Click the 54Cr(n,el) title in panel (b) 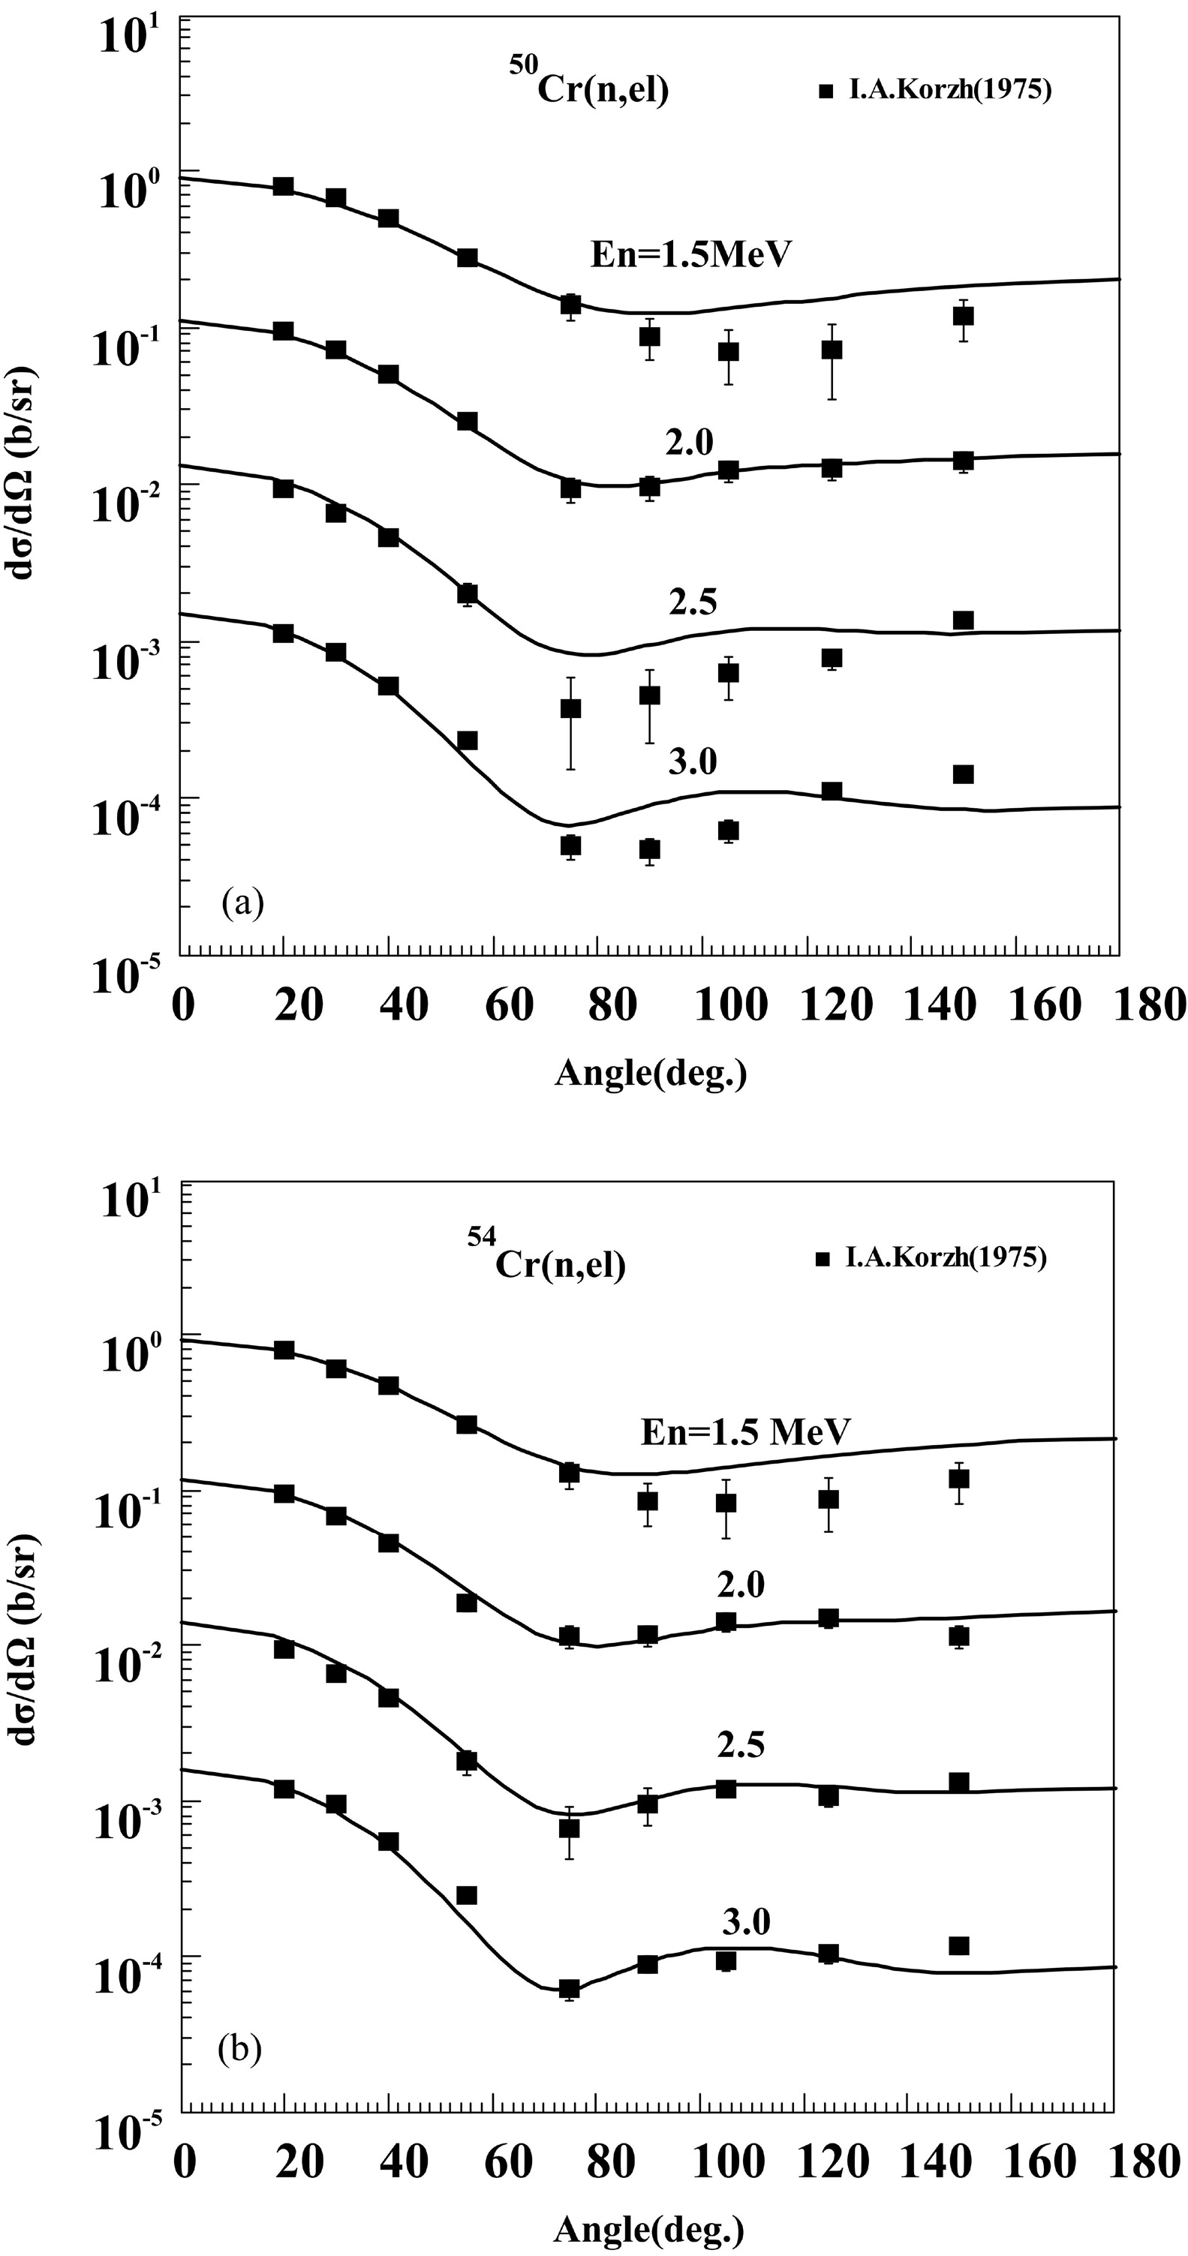pyautogui.click(x=545, y=1260)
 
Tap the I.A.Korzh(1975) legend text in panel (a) pyautogui.click(x=949, y=90)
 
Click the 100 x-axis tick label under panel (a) pyautogui.click(x=732, y=1005)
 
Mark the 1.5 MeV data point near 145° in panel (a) pyautogui.click(x=963, y=316)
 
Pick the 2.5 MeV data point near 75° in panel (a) pyautogui.click(x=570, y=708)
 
